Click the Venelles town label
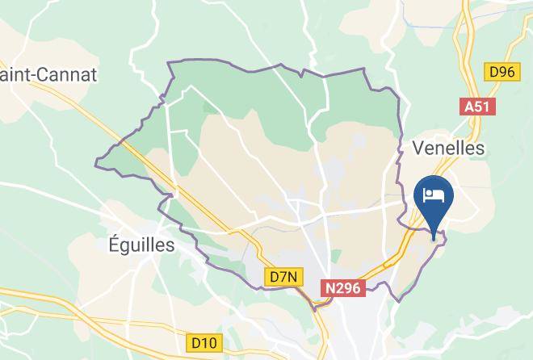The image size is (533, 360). click(x=448, y=148)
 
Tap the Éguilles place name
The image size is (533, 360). click(x=141, y=245)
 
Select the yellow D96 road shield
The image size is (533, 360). click(x=500, y=72)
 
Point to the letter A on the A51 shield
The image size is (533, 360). click(x=469, y=107)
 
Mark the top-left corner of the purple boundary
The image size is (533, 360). click(x=168, y=63)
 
